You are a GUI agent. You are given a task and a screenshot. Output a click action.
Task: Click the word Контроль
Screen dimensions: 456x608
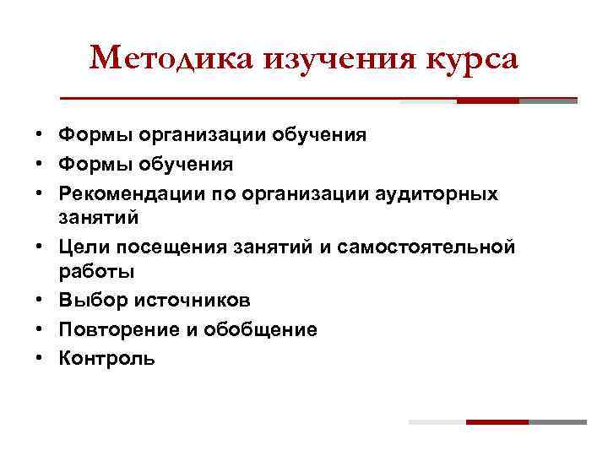pos(106,357)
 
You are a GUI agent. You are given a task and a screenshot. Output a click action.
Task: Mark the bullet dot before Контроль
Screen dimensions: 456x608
pos(39,357)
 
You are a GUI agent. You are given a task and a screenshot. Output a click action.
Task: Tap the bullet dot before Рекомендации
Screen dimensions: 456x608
pos(39,193)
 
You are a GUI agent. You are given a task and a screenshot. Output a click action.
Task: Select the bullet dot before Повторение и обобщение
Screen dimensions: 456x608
pos(39,329)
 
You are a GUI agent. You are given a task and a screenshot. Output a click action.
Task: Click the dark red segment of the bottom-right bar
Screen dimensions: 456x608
pos(497,421)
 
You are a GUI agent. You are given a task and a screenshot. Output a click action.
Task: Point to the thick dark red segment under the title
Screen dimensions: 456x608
pos(487,100)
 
